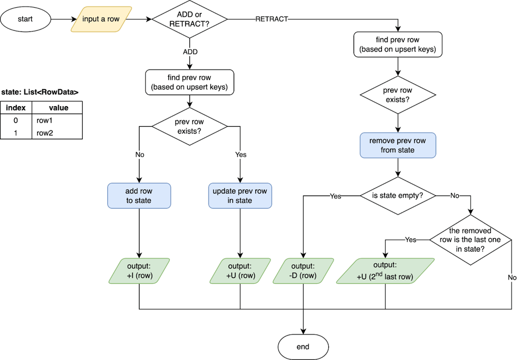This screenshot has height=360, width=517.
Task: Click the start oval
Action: point(26,19)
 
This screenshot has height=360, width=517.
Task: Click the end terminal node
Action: point(303,346)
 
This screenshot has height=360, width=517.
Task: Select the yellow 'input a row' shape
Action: point(101,19)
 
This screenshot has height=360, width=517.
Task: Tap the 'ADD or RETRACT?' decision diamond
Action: point(189,19)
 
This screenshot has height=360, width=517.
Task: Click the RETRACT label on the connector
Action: point(272,19)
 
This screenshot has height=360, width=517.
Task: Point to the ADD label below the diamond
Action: point(190,52)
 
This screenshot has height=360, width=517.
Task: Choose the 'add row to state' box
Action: point(139,196)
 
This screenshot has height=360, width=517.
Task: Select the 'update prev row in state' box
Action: point(240,196)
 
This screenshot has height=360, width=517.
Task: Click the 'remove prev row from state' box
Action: point(398,145)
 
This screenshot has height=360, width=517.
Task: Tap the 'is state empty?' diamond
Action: point(398,196)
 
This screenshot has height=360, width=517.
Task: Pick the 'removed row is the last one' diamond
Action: point(471,240)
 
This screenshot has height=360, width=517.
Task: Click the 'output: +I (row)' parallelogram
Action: point(140,271)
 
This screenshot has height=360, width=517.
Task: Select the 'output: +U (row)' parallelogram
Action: point(240,271)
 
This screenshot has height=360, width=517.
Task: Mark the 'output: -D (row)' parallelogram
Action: point(303,271)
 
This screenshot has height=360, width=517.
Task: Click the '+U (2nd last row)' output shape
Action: point(385,271)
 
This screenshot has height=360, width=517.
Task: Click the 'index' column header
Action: point(16,108)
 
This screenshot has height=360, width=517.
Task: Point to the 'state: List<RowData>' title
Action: point(40,92)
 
